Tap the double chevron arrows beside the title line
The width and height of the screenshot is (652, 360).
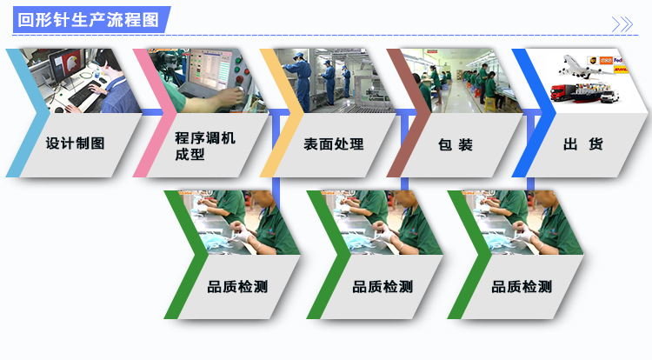pyautogui.click(x=622, y=24)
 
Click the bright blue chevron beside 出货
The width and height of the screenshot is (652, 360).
pyautogui.click(x=533, y=113)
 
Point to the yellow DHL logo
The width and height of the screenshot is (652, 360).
pyautogui.click(x=621, y=68)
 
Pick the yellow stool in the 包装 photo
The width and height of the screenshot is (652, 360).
pyautogui.click(x=490, y=103)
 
